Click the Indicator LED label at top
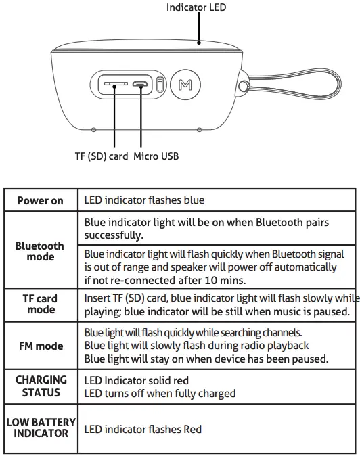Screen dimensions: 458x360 click(x=196, y=7)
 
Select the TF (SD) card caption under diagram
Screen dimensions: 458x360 click(x=102, y=156)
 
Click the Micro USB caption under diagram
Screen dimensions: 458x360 click(x=156, y=156)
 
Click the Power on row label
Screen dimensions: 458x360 click(x=40, y=200)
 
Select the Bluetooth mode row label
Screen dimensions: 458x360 click(x=40, y=252)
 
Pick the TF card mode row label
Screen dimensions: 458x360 click(x=40, y=304)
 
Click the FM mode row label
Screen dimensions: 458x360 click(x=40, y=346)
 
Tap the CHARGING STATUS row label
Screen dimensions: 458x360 click(x=41, y=386)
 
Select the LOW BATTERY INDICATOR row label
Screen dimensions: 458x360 click(x=41, y=428)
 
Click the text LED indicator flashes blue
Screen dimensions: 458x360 click(x=144, y=200)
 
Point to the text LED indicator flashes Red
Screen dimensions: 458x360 click(x=143, y=429)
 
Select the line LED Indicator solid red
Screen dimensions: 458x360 click(x=136, y=381)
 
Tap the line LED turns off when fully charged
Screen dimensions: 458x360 click(x=160, y=393)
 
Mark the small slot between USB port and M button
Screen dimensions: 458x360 click(x=160, y=85)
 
